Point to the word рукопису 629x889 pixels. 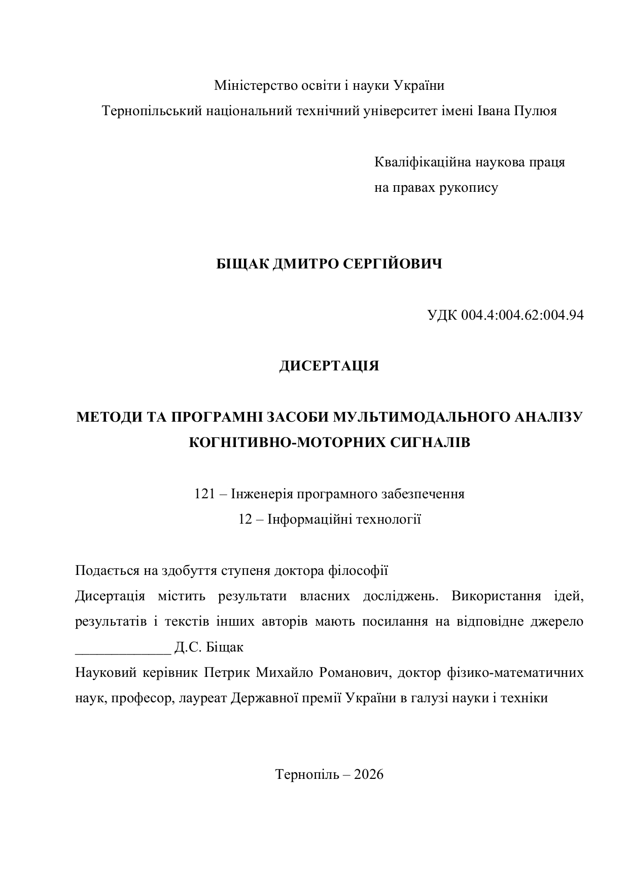coord(472,188)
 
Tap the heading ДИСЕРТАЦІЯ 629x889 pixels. coord(329,366)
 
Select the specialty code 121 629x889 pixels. coord(205,494)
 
